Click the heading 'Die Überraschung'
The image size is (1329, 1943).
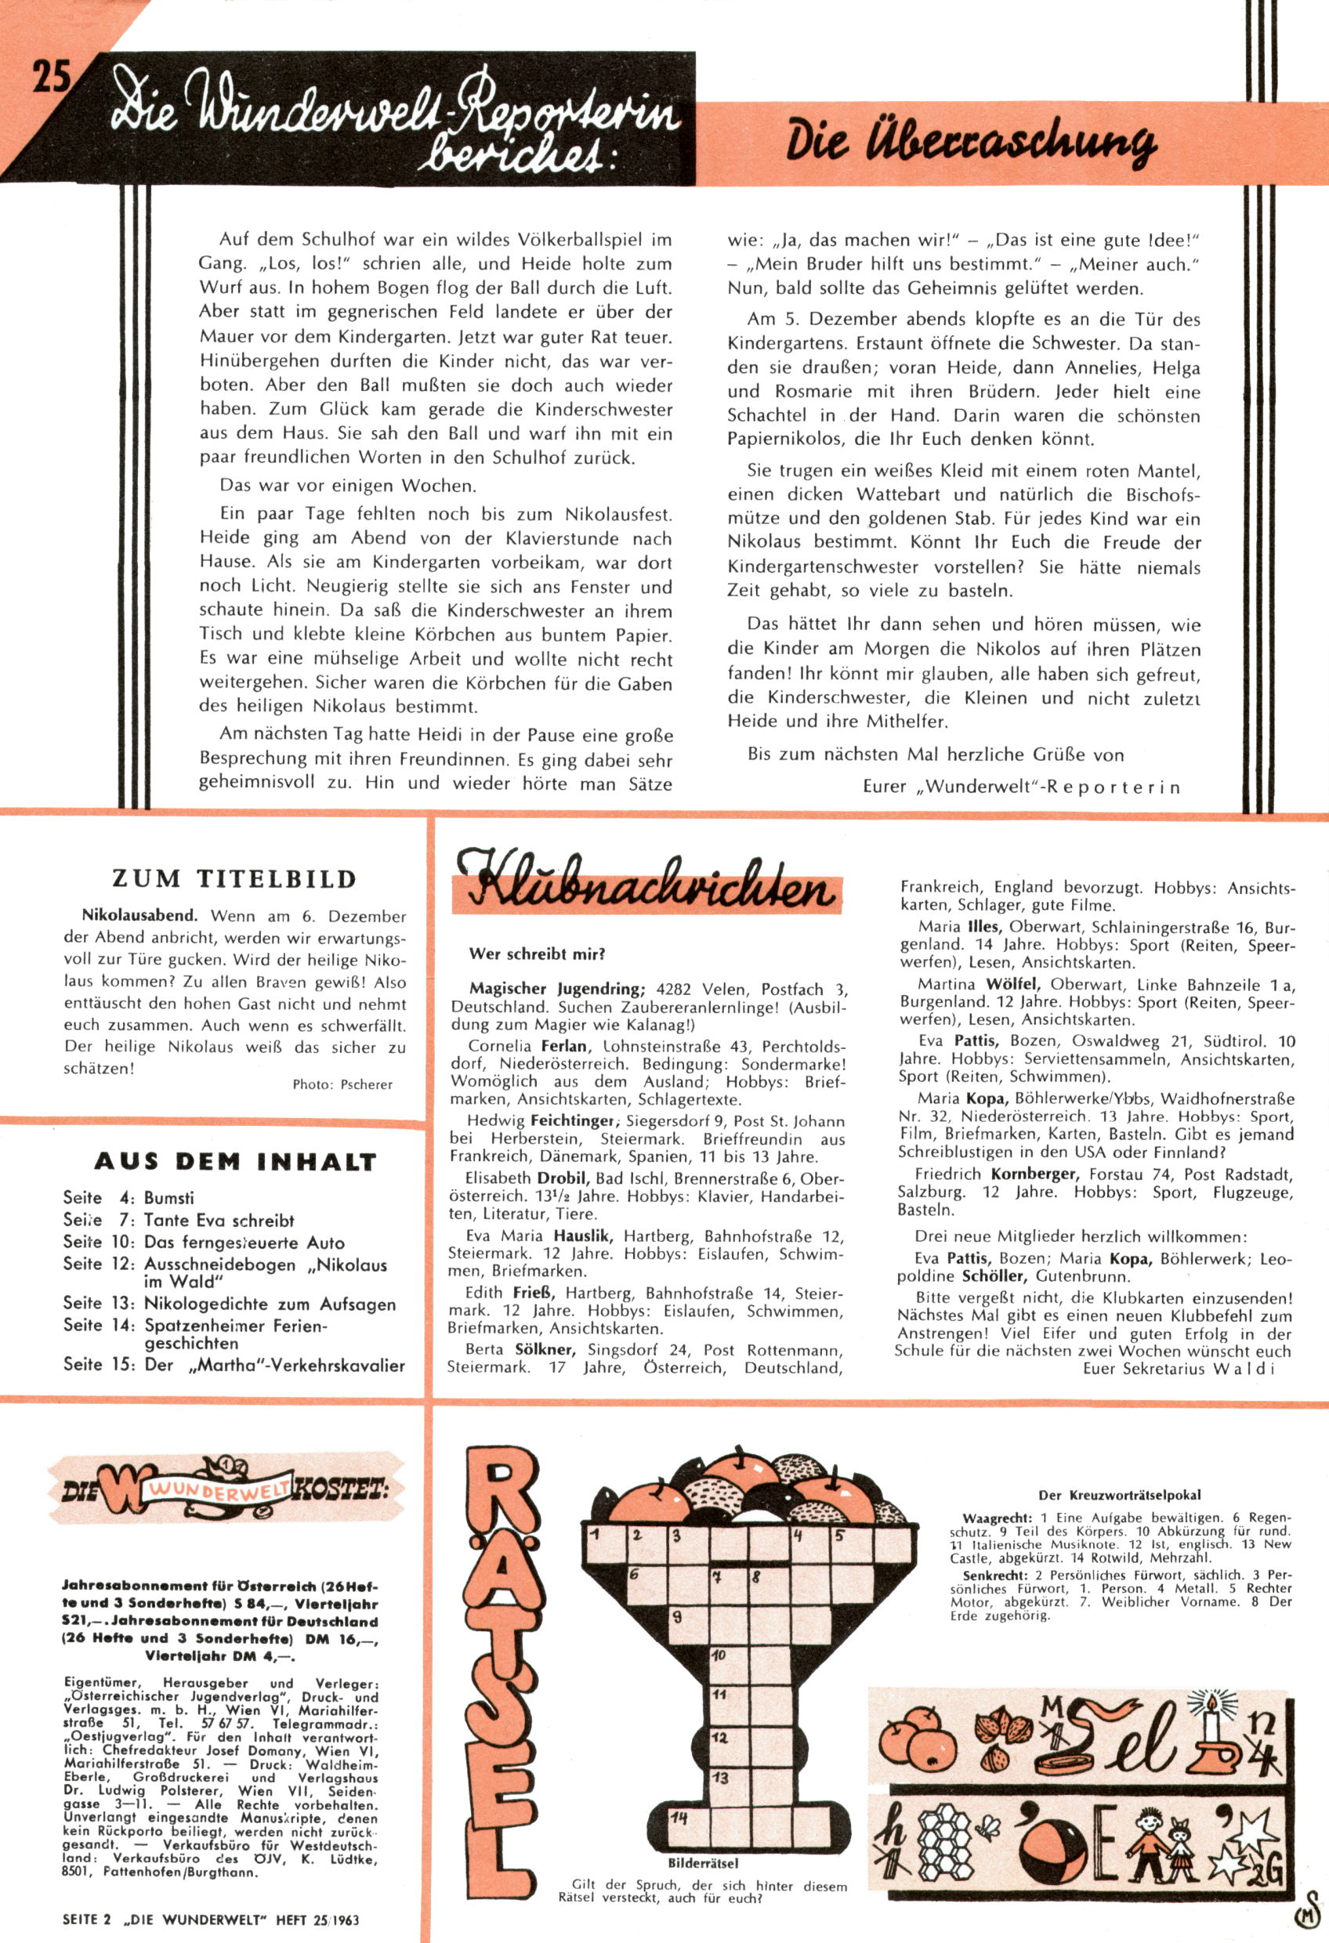coord(970,144)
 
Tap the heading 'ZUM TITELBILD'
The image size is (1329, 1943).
coord(235,879)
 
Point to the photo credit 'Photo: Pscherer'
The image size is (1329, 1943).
coord(342,1084)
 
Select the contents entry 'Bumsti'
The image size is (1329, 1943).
coord(169,1197)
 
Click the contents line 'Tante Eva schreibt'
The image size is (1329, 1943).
coord(219,1220)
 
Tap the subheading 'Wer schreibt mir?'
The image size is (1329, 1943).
coord(537,953)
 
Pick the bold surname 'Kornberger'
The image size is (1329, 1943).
coord(1036,1174)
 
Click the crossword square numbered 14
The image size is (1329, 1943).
coord(688,1817)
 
